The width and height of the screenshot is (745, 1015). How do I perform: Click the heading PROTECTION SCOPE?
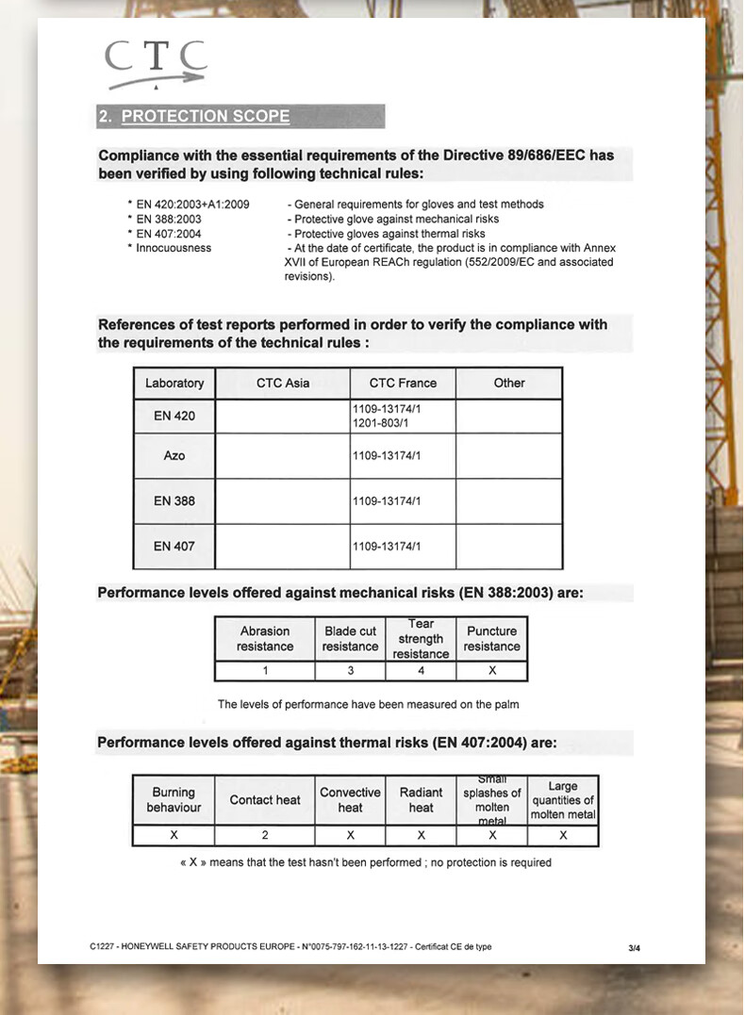(206, 117)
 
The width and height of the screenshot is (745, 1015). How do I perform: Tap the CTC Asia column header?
(283, 384)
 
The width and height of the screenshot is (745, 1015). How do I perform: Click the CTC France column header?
(403, 384)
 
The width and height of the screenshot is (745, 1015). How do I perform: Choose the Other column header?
(509, 384)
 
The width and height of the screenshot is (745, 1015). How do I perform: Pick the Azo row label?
(174, 456)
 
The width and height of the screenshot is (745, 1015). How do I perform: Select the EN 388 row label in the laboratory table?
(174, 501)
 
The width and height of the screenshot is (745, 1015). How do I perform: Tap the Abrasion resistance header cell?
(265, 639)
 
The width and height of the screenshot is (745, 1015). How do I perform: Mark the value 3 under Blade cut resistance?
(350, 671)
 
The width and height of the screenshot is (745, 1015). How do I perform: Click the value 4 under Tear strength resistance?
(421, 671)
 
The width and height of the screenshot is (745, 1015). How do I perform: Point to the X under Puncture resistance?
(491, 671)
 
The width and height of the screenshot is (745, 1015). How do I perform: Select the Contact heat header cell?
(265, 800)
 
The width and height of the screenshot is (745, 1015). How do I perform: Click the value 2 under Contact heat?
(265, 835)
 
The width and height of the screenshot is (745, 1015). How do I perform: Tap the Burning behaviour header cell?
(174, 800)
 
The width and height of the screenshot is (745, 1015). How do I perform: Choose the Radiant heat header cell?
(421, 800)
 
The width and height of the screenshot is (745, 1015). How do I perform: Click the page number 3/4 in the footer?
(634, 948)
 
